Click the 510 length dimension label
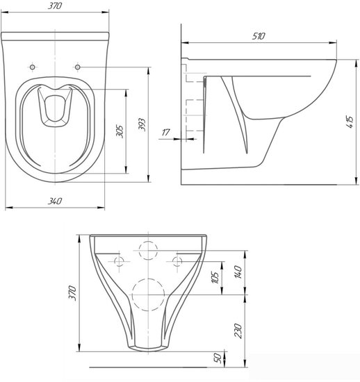(259, 36)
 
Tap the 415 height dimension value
(350, 122)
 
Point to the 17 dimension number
(165, 133)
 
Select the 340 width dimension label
(55, 201)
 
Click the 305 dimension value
(120, 131)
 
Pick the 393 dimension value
(142, 124)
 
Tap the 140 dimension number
(238, 272)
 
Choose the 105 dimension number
(215, 277)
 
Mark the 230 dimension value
(238, 331)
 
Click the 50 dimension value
(218, 358)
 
